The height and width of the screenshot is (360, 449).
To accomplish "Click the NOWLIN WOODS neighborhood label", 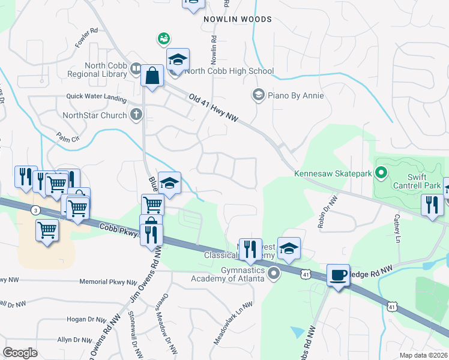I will tap(237, 19).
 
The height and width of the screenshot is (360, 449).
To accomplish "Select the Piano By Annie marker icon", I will tap(258, 95).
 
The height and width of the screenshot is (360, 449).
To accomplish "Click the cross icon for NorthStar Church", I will tap(136, 115).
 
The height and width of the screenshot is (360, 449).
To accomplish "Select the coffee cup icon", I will tap(339, 275).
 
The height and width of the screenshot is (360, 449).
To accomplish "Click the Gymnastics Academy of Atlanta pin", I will tap(274, 274).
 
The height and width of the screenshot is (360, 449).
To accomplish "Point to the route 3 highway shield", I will tap(36, 210).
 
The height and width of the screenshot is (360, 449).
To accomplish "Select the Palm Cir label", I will tap(68, 137).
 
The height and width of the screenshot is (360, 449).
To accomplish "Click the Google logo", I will tap(20, 352).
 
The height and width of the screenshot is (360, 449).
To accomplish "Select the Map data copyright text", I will tap(423, 355).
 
